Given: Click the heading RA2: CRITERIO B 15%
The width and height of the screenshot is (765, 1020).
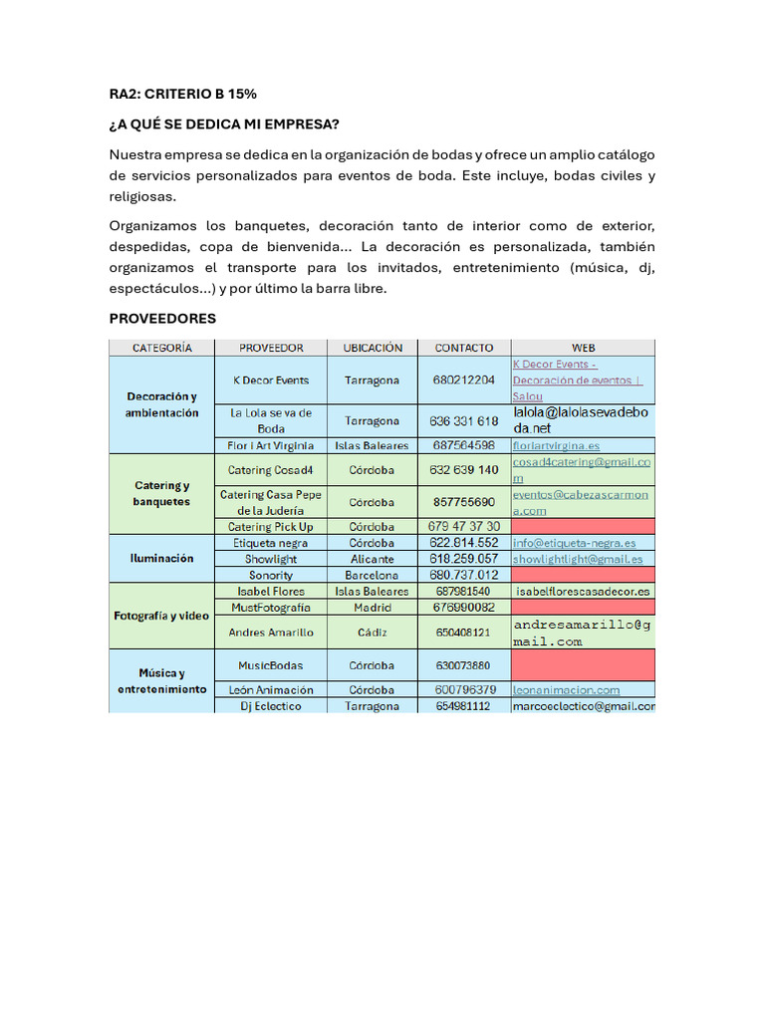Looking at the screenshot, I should pyautogui.click(x=182, y=94).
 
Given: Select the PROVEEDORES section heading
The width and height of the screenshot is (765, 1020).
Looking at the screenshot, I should pyautogui.click(x=161, y=318).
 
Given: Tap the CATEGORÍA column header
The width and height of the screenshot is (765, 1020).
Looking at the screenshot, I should pyautogui.click(x=161, y=348).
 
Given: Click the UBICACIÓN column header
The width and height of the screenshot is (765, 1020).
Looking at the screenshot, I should pyautogui.click(x=373, y=348).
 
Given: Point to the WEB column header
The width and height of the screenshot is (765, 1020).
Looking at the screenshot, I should pyautogui.click(x=583, y=348).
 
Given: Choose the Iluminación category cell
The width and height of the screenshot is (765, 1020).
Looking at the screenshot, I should pyautogui.click(x=161, y=559).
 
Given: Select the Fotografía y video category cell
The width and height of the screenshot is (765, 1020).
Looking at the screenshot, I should pyautogui.click(x=161, y=616).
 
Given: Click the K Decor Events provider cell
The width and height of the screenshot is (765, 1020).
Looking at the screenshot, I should pyautogui.click(x=270, y=381).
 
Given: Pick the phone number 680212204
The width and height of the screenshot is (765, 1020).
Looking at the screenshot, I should pyautogui.click(x=464, y=381).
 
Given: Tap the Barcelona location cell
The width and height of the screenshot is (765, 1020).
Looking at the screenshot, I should pyautogui.click(x=373, y=575).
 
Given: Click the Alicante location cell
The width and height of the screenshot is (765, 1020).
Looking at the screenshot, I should pyautogui.click(x=373, y=559).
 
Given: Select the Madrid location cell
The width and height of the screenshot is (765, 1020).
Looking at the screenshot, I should pyautogui.click(x=373, y=607).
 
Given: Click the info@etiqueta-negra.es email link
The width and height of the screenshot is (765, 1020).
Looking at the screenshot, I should pyautogui.click(x=574, y=543).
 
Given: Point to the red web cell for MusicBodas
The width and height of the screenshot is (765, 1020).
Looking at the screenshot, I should pyautogui.click(x=583, y=664).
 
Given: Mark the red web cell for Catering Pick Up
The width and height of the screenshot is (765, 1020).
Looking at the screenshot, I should pyautogui.click(x=583, y=526).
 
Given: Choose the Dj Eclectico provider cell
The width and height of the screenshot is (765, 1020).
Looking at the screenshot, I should pyautogui.click(x=270, y=705).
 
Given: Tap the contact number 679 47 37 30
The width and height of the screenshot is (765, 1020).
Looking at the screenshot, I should pyautogui.click(x=464, y=526).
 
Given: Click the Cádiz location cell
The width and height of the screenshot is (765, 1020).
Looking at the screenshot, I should pyautogui.click(x=373, y=632).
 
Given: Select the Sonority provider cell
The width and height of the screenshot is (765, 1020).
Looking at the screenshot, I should pyautogui.click(x=270, y=575).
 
